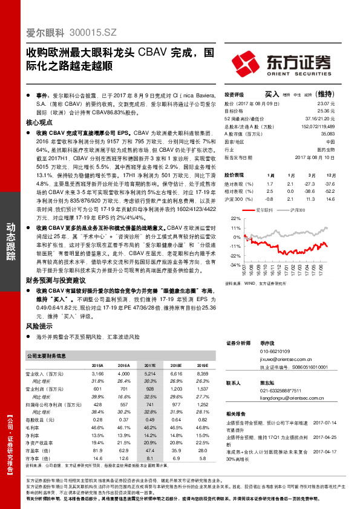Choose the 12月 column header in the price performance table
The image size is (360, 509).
(x=329, y=174)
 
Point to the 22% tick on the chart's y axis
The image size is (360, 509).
(x=236, y=218)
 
